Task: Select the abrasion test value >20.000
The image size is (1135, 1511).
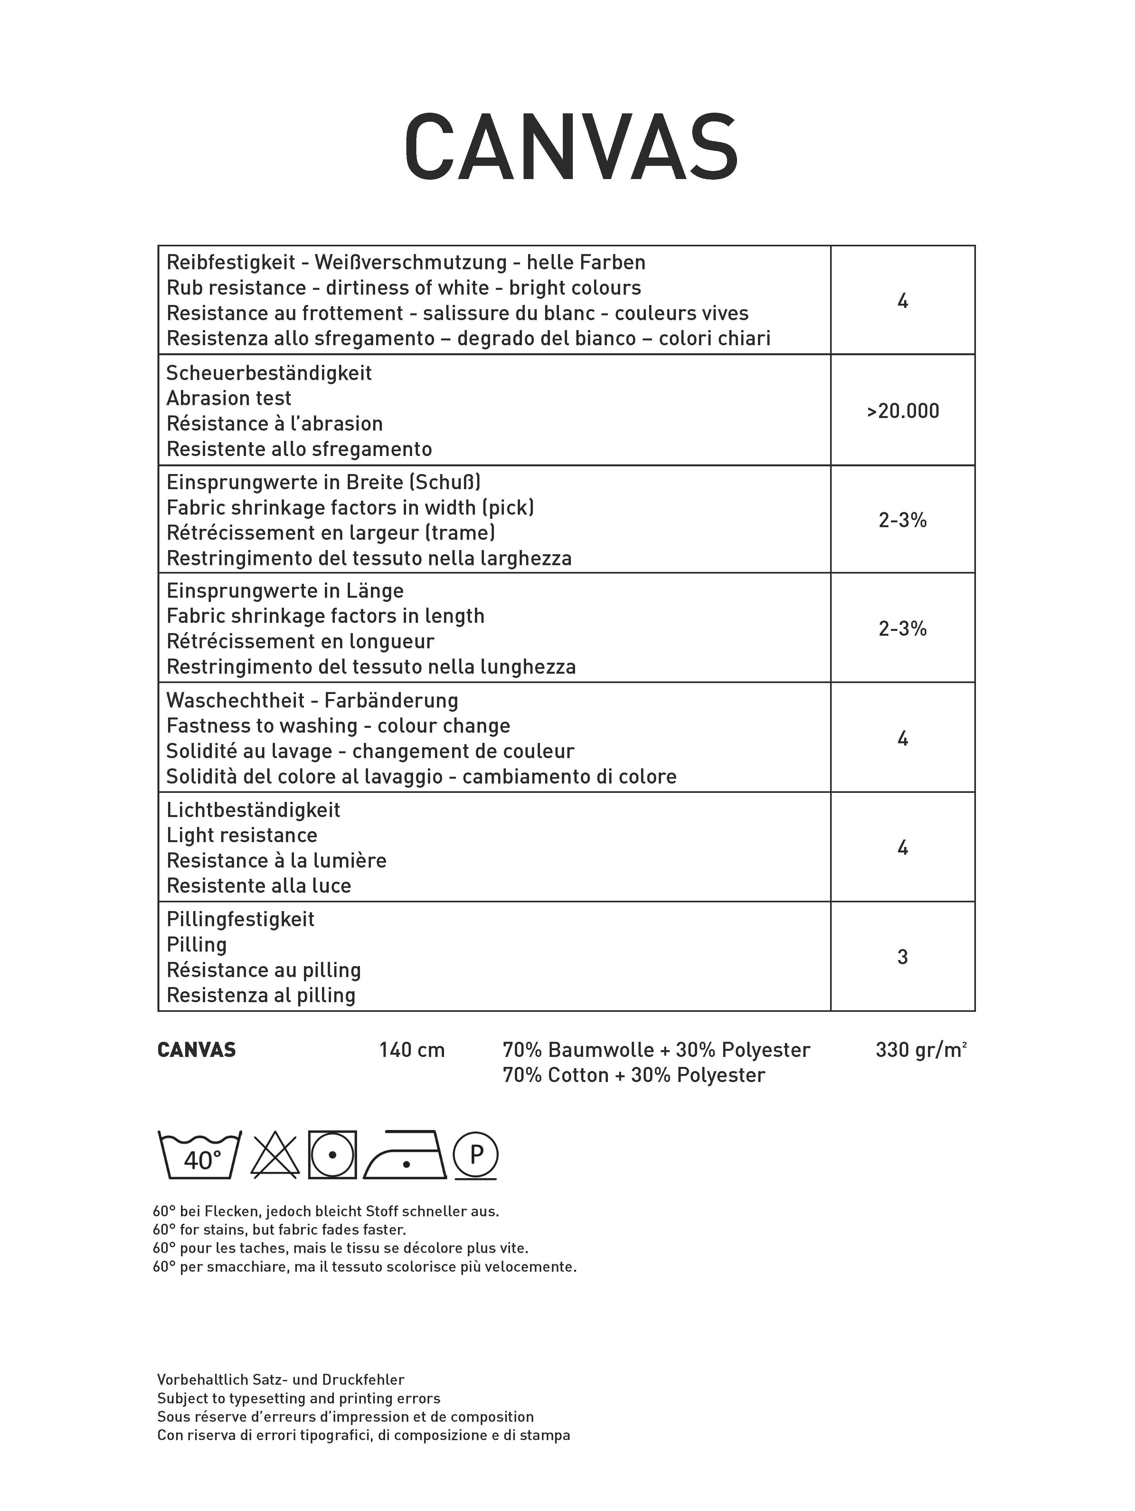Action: point(903,411)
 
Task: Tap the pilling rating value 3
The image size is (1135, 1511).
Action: point(902,957)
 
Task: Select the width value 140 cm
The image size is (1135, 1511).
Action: point(412,1050)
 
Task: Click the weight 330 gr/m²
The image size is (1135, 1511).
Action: point(921,1050)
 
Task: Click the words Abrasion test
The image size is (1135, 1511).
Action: point(229,398)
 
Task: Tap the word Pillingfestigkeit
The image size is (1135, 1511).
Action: point(241,919)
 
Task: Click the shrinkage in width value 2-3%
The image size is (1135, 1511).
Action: point(902,520)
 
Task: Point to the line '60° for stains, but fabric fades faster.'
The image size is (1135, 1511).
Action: point(280,1230)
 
